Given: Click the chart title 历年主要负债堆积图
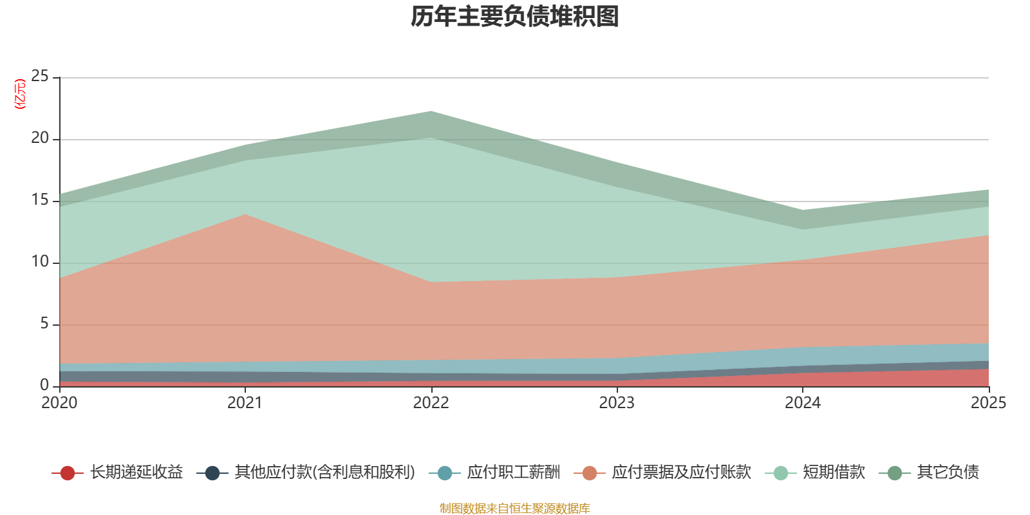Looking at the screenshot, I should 515,17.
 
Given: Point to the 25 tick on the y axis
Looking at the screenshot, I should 40,77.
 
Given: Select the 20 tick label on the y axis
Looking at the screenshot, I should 40,138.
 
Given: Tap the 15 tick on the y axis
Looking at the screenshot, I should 40,200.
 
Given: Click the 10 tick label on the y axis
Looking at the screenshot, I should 40,262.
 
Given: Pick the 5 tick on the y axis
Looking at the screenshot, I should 44,324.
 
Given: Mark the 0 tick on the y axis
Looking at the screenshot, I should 44,385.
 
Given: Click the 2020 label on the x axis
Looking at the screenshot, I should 59,403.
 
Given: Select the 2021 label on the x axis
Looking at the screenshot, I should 245,403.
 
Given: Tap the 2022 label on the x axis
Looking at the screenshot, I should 431,403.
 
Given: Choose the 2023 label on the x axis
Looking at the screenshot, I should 617,403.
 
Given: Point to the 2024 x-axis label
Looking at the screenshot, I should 803,403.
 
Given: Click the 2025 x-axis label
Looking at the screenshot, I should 988,403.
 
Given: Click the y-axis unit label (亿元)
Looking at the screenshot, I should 20,94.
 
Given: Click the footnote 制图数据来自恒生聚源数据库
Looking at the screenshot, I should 515,509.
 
